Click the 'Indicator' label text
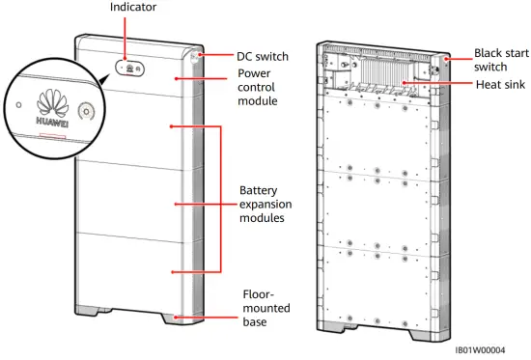click(x=132, y=7)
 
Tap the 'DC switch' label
click(x=263, y=57)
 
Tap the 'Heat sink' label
click(x=500, y=85)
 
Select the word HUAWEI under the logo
click(x=45, y=123)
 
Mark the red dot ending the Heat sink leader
click(x=407, y=85)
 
